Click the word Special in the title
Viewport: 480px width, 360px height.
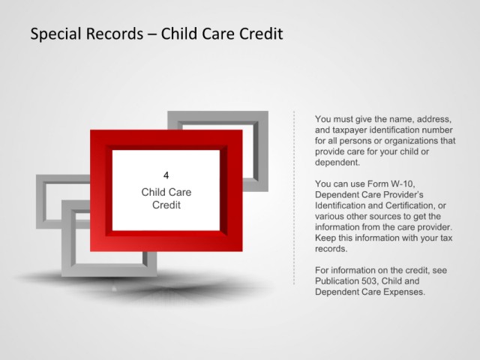(56, 34)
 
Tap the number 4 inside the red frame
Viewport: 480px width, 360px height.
(166, 175)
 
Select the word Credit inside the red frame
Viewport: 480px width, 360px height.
(166, 205)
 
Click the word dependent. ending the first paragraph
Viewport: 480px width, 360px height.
(337, 162)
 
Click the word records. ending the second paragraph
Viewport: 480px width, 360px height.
(331, 248)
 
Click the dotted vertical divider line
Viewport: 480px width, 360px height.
(294, 198)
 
